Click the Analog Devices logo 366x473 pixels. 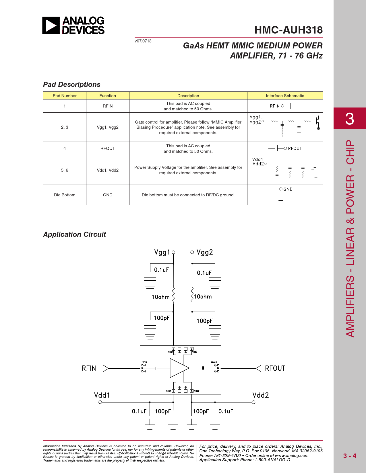pos(73,25)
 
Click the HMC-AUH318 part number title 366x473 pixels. pos(288,30)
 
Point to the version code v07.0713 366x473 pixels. pos(143,41)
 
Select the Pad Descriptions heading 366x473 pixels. pos(72,85)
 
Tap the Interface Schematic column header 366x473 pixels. pos(285,96)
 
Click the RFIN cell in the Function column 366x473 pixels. pos(108,106)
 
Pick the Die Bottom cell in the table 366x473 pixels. pos(65,195)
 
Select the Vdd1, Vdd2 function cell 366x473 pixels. pos(108,170)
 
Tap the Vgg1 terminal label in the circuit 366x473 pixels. pos(162,252)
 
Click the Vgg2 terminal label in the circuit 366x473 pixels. pos(205,252)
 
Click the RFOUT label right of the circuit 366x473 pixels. pos(275,368)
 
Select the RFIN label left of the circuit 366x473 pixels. pos(89,368)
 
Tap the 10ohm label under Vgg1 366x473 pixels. pos(161,297)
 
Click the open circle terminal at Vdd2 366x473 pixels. pos(253,402)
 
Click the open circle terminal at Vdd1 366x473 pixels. pos(100,402)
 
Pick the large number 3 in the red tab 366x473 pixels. pos(349,118)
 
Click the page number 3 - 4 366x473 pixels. pos(350,456)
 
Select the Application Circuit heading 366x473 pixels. pos(75,234)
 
